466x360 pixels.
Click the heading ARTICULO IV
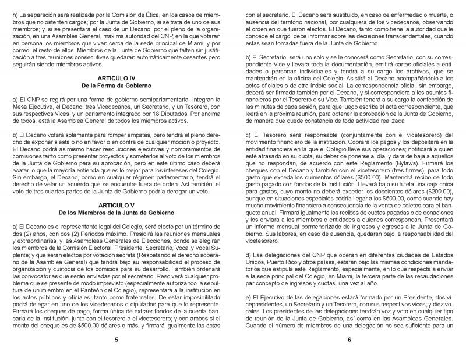tap(116, 77)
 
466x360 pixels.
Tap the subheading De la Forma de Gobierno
tap(116, 85)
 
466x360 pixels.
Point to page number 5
tap(116, 340)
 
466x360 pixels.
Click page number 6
tap(348, 340)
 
